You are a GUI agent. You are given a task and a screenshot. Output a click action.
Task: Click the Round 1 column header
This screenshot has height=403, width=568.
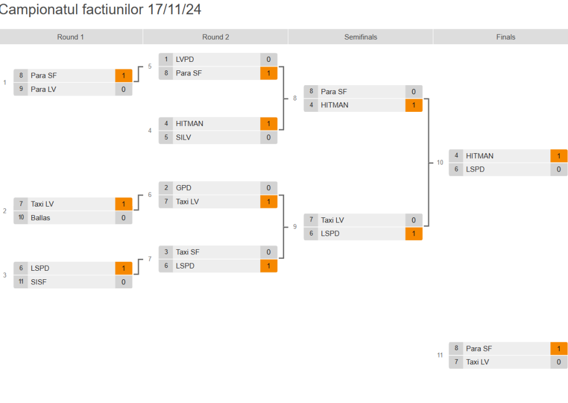70,37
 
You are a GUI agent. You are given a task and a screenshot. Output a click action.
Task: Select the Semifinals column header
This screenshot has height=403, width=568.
360,37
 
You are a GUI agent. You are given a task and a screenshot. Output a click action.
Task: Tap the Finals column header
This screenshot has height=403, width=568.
506,37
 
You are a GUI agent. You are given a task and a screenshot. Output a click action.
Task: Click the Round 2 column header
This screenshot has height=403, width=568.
216,37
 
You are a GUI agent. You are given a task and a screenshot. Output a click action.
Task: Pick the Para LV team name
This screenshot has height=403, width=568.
43,89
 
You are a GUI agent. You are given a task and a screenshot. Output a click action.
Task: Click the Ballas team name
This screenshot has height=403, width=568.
40,217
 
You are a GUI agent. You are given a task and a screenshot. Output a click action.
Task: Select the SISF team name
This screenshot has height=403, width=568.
39,282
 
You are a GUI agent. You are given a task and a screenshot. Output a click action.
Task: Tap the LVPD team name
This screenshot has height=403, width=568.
185,59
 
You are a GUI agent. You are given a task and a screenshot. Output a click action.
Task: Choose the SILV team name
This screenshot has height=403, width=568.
183,137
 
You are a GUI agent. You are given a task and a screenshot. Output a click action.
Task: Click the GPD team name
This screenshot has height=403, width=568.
183,187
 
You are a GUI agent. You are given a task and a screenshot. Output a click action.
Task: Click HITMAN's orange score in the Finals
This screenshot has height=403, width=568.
558,156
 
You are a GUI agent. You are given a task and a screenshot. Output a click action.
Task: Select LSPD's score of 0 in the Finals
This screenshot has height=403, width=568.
558,169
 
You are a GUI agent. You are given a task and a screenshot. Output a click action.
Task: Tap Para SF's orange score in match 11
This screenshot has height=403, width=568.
558,349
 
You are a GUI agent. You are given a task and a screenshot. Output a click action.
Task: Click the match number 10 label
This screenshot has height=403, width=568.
440,163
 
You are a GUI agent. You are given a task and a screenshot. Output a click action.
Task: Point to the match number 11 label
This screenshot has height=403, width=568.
440,355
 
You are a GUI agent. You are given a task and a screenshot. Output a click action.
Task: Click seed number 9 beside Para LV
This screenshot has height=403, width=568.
21,89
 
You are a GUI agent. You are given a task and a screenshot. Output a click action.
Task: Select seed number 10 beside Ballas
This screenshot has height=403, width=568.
21,217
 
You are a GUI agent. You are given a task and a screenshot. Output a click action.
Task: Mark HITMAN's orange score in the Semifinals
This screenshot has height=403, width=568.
414,105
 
